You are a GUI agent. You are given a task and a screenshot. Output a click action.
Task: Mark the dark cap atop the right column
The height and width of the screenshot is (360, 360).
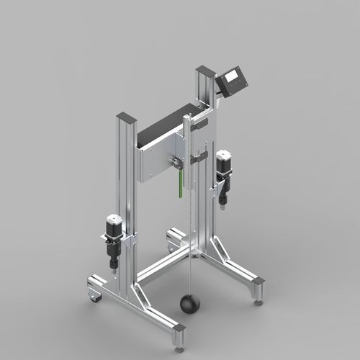pyautogui.click(x=205, y=70)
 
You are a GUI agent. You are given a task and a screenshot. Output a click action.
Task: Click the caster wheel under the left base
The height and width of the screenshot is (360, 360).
pyautogui.click(x=94, y=294)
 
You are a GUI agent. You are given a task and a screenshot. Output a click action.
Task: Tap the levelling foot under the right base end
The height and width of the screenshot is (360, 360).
pyautogui.click(x=258, y=302)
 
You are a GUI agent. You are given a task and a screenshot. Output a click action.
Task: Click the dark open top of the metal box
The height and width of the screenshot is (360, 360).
pyautogui.click(x=166, y=123)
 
